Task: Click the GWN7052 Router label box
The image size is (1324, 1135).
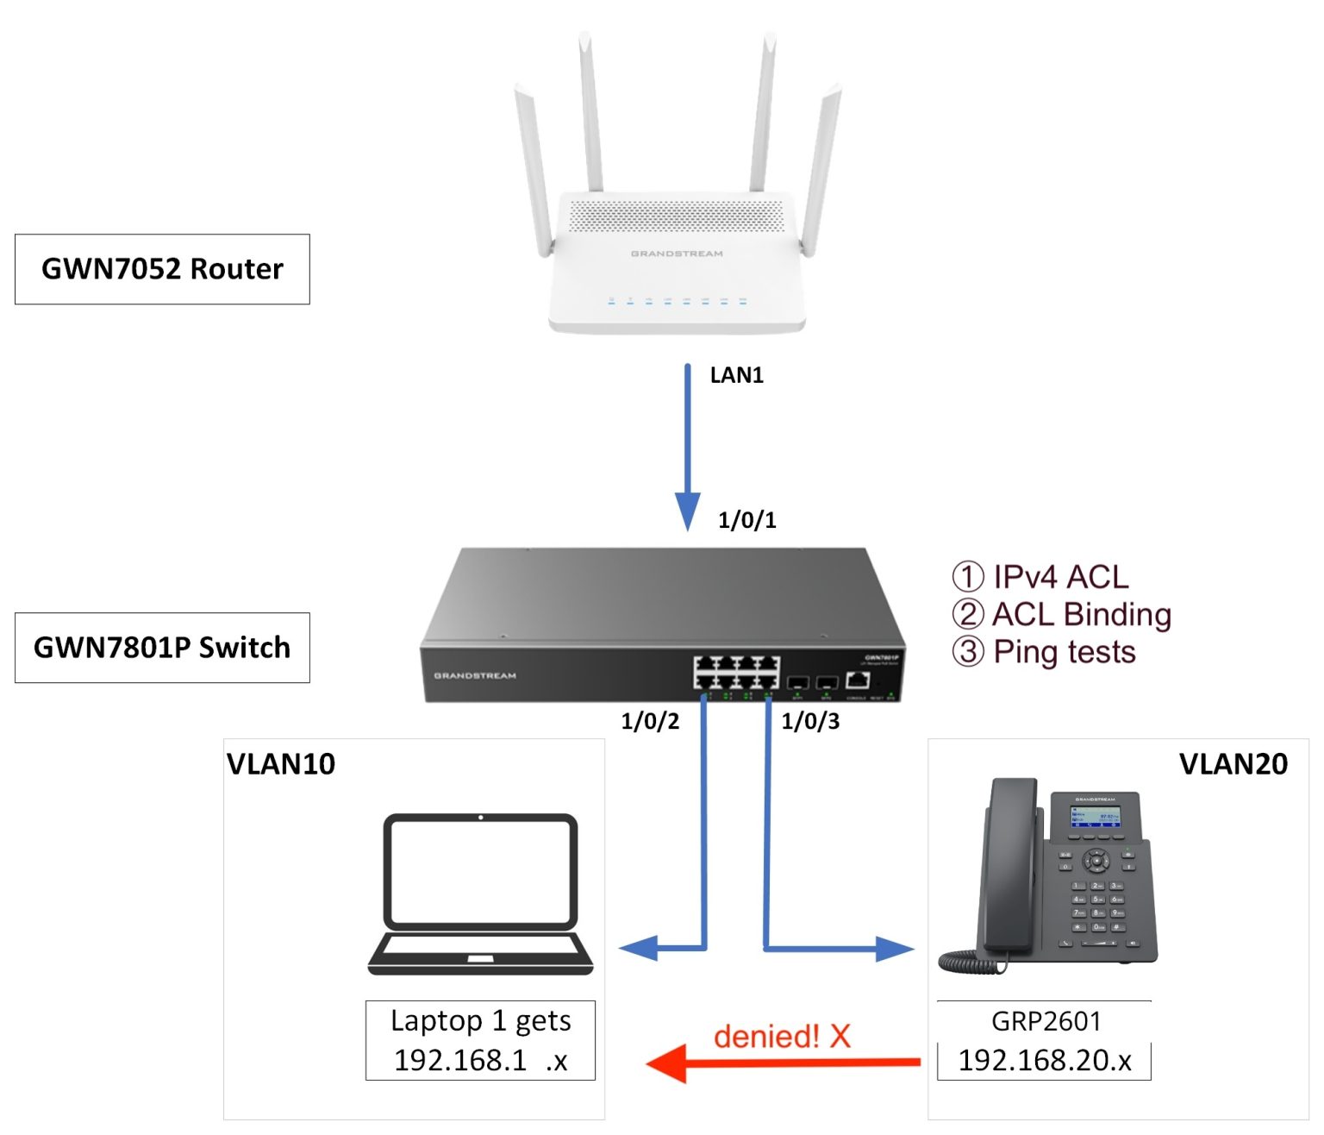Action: (162, 269)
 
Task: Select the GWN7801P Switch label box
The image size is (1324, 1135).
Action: (162, 648)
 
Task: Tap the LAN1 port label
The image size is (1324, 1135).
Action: (736, 375)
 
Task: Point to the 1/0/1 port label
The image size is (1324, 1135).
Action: (746, 520)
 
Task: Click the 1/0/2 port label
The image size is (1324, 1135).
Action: (650, 721)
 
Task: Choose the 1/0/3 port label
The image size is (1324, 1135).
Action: (809, 721)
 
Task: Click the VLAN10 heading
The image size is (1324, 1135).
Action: (281, 764)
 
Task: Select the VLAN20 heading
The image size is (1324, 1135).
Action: (1233, 764)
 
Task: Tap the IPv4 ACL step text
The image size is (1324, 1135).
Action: (1059, 577)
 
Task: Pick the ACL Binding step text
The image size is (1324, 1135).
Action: (1081, 614)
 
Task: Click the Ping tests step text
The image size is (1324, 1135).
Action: (1064, 652)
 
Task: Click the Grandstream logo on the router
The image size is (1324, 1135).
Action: (677, 254)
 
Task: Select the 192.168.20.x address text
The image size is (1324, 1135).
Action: (1045, 1060)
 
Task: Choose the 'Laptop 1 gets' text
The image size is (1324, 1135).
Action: (480, 1020)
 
